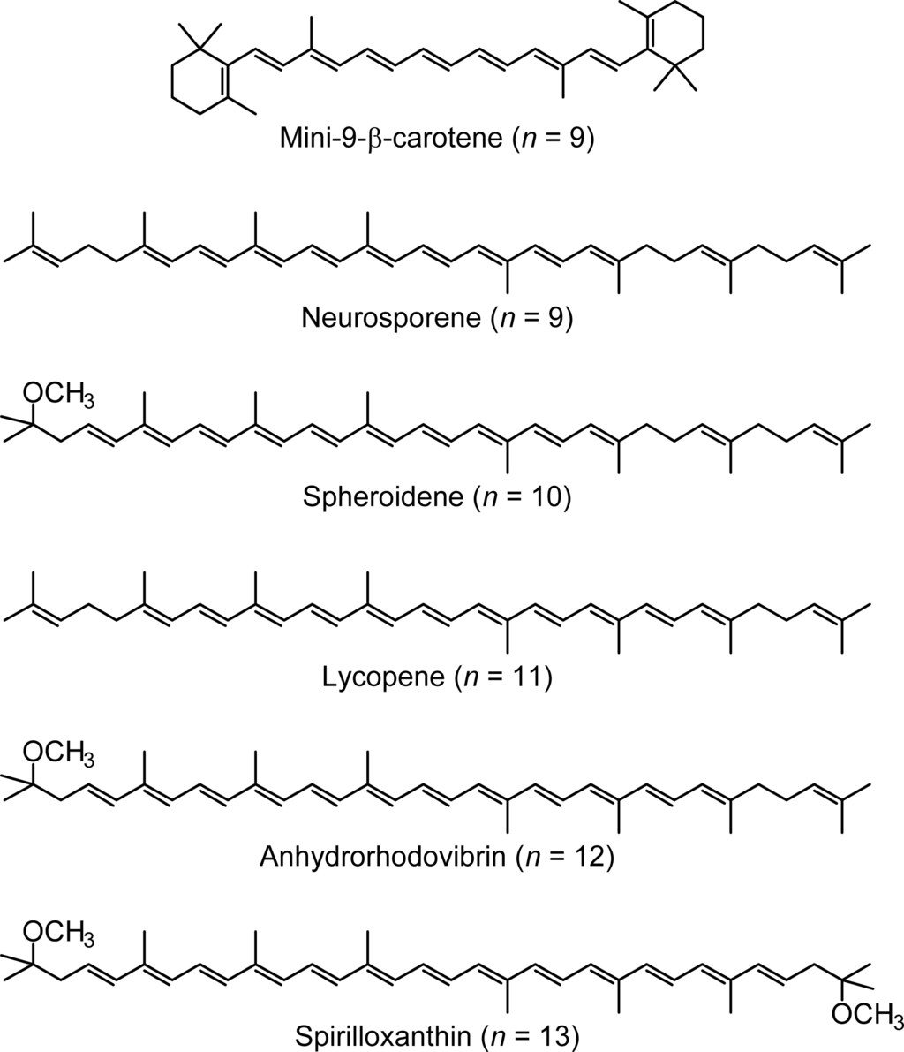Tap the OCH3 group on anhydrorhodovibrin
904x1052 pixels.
(58, 753)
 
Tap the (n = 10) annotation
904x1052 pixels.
(524, 497)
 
